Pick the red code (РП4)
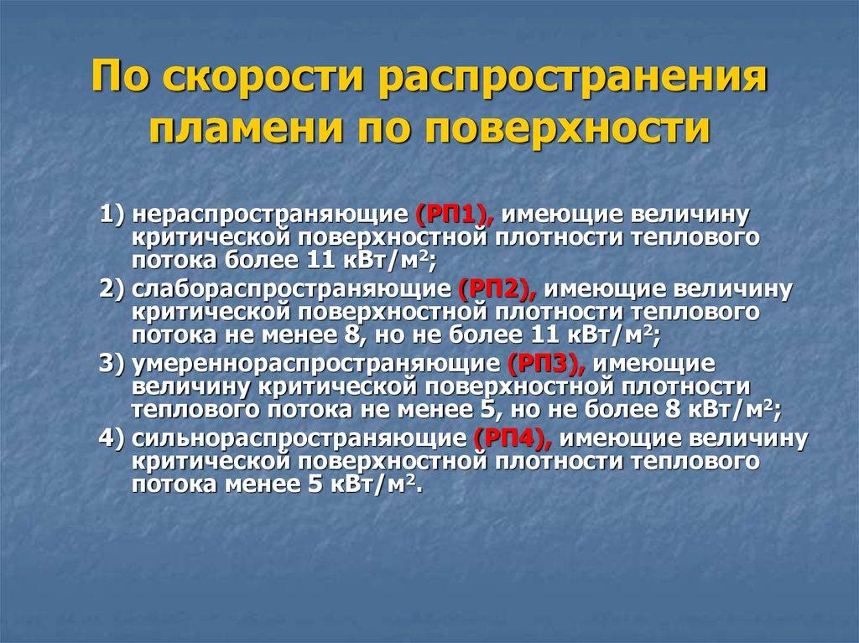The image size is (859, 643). tap(509, 438)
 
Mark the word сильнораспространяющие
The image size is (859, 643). tap(298, 438)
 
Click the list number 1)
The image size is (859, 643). tap(112, 215)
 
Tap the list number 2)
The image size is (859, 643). tap(112, 290)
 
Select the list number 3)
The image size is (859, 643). tap(112, 365)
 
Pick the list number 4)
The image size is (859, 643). tap(112, 438)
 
